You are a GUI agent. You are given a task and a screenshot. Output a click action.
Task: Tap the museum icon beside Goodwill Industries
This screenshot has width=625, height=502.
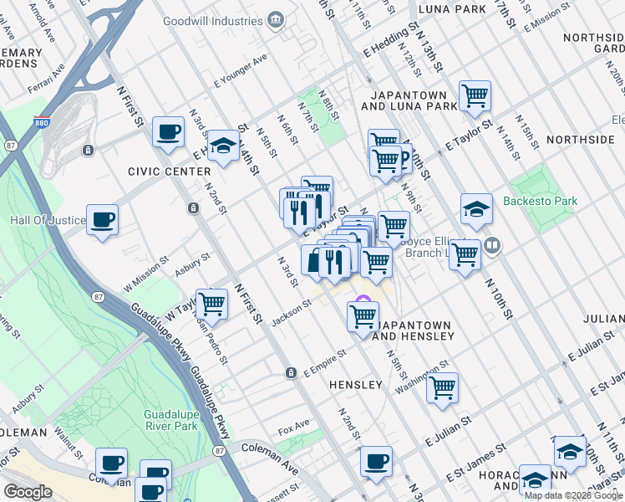point(275,20)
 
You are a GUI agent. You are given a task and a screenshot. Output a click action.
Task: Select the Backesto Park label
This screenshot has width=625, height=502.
point(540,202)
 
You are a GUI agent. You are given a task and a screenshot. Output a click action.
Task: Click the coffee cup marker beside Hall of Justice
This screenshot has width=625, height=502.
point(103,220)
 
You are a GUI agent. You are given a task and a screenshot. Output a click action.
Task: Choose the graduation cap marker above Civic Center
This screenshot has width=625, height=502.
point(223,146)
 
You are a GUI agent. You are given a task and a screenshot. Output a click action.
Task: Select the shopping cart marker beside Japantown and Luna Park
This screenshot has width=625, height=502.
point(475,95)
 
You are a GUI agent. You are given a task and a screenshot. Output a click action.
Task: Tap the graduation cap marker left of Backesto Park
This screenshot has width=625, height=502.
point(476,209)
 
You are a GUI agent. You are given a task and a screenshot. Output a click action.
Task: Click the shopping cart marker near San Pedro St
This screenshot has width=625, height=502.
point(212,304)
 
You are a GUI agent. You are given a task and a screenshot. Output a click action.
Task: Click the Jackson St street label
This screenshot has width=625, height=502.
point(291,311)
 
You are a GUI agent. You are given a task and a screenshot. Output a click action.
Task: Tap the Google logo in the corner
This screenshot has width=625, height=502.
point(28,492)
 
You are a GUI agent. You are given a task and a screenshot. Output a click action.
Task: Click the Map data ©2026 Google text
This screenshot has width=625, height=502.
point(572,495)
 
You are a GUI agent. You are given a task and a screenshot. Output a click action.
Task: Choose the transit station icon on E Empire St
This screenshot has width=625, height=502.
point(290,372)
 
